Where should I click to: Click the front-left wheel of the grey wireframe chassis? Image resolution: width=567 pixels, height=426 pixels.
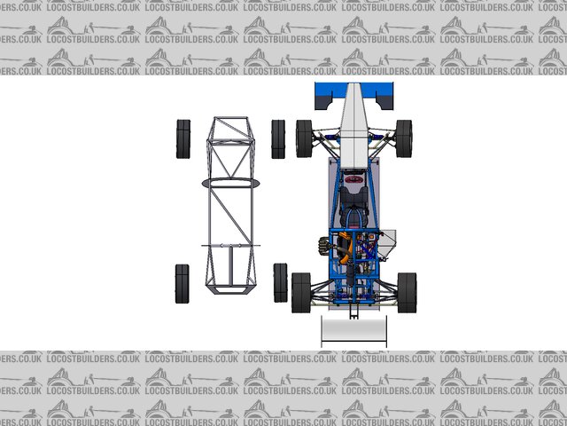183,139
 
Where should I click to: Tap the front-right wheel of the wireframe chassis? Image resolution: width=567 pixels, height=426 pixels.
278,139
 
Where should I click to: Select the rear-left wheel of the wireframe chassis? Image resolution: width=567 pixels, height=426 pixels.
183,284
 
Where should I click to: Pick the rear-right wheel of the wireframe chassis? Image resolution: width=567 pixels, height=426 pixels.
280,283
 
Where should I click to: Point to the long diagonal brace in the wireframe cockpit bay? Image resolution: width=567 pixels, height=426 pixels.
230,216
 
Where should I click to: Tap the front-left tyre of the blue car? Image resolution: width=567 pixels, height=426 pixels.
304,138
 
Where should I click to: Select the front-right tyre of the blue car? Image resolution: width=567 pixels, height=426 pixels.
404,138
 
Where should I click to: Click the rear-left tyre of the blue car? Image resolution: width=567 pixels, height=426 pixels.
301,293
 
